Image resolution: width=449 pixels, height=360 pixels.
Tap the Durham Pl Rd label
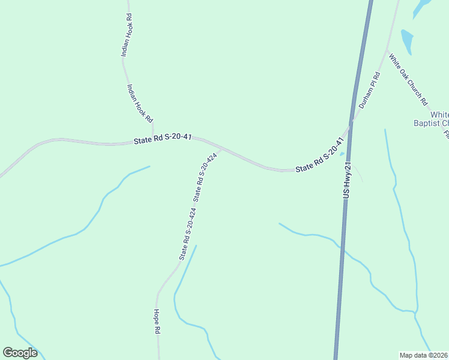[x=370, y=90]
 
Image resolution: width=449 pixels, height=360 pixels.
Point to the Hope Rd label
[x=156, y=322]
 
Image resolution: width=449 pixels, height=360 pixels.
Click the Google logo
[x=20, y=353]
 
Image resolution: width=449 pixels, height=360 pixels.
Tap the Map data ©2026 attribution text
[x=424, y=355]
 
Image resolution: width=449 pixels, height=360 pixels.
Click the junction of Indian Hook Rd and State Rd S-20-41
[x=153, y=137]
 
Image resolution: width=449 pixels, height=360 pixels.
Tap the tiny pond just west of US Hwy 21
[x=342, y=154]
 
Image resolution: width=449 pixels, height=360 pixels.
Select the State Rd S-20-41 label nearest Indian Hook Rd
[x=163, y=139]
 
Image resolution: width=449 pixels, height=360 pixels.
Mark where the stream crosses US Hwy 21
[x=340, y=245]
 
